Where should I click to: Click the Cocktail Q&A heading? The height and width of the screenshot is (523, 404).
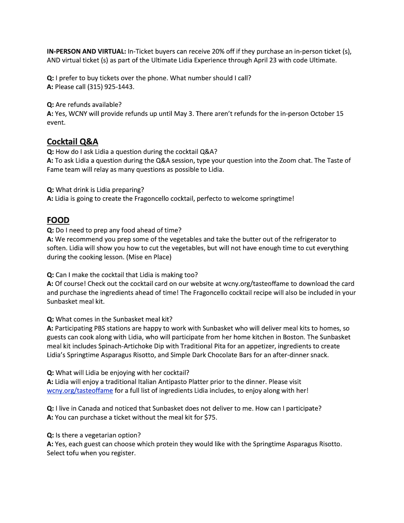tap(72, 142)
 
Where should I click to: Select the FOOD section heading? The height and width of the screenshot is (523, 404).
tap(58, 220)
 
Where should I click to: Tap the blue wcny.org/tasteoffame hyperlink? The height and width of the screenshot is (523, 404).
tap(80, 391)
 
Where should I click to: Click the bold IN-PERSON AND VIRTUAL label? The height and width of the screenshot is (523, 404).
tap(86, 51)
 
